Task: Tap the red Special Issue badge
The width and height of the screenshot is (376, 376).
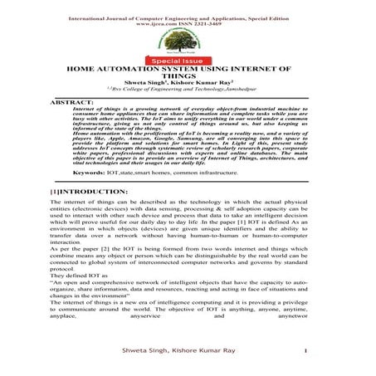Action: [x=188, y=61]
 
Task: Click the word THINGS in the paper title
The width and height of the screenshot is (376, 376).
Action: [x=188, y=82]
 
